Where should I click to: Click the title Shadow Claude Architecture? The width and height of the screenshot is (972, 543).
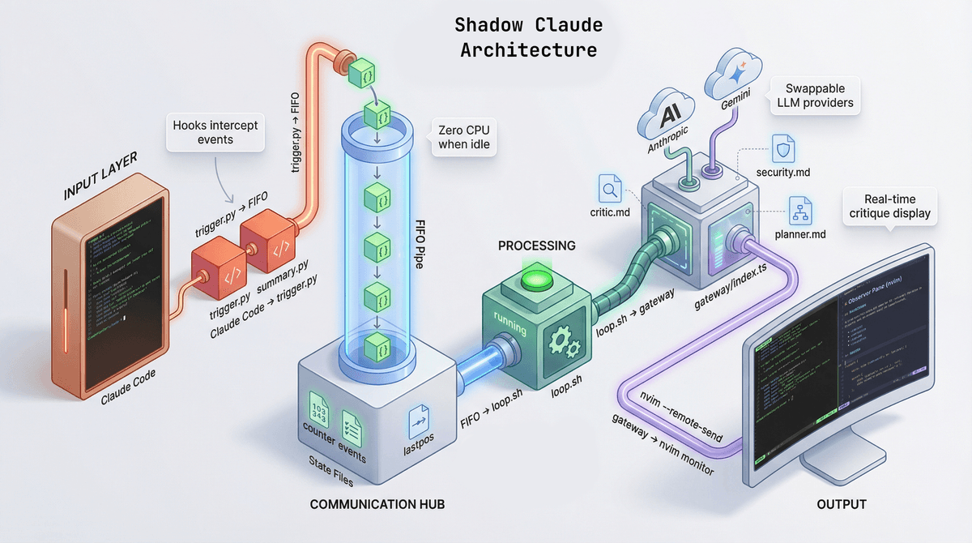(528, 36)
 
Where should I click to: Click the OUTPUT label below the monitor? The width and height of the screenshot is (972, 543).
(841, 504)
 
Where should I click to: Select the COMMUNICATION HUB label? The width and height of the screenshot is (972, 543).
(377, 504)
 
